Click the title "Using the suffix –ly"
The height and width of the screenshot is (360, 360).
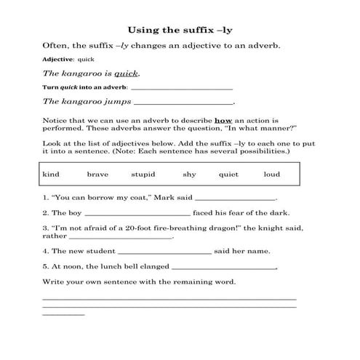click(x=180, y=31)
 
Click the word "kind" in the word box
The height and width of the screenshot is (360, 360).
click(x=51, y=175)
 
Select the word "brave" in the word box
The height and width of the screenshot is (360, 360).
click(x=97, y=175)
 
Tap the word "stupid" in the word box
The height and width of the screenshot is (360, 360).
click(x=143, y=175)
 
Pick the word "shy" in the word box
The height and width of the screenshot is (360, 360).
click(x=189, y=175)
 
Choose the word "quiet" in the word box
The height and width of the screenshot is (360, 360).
click(x=228, y=175)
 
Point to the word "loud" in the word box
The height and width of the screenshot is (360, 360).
click(x=271, y=175)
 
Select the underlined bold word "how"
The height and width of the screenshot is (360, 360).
click(x=222, y=119)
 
